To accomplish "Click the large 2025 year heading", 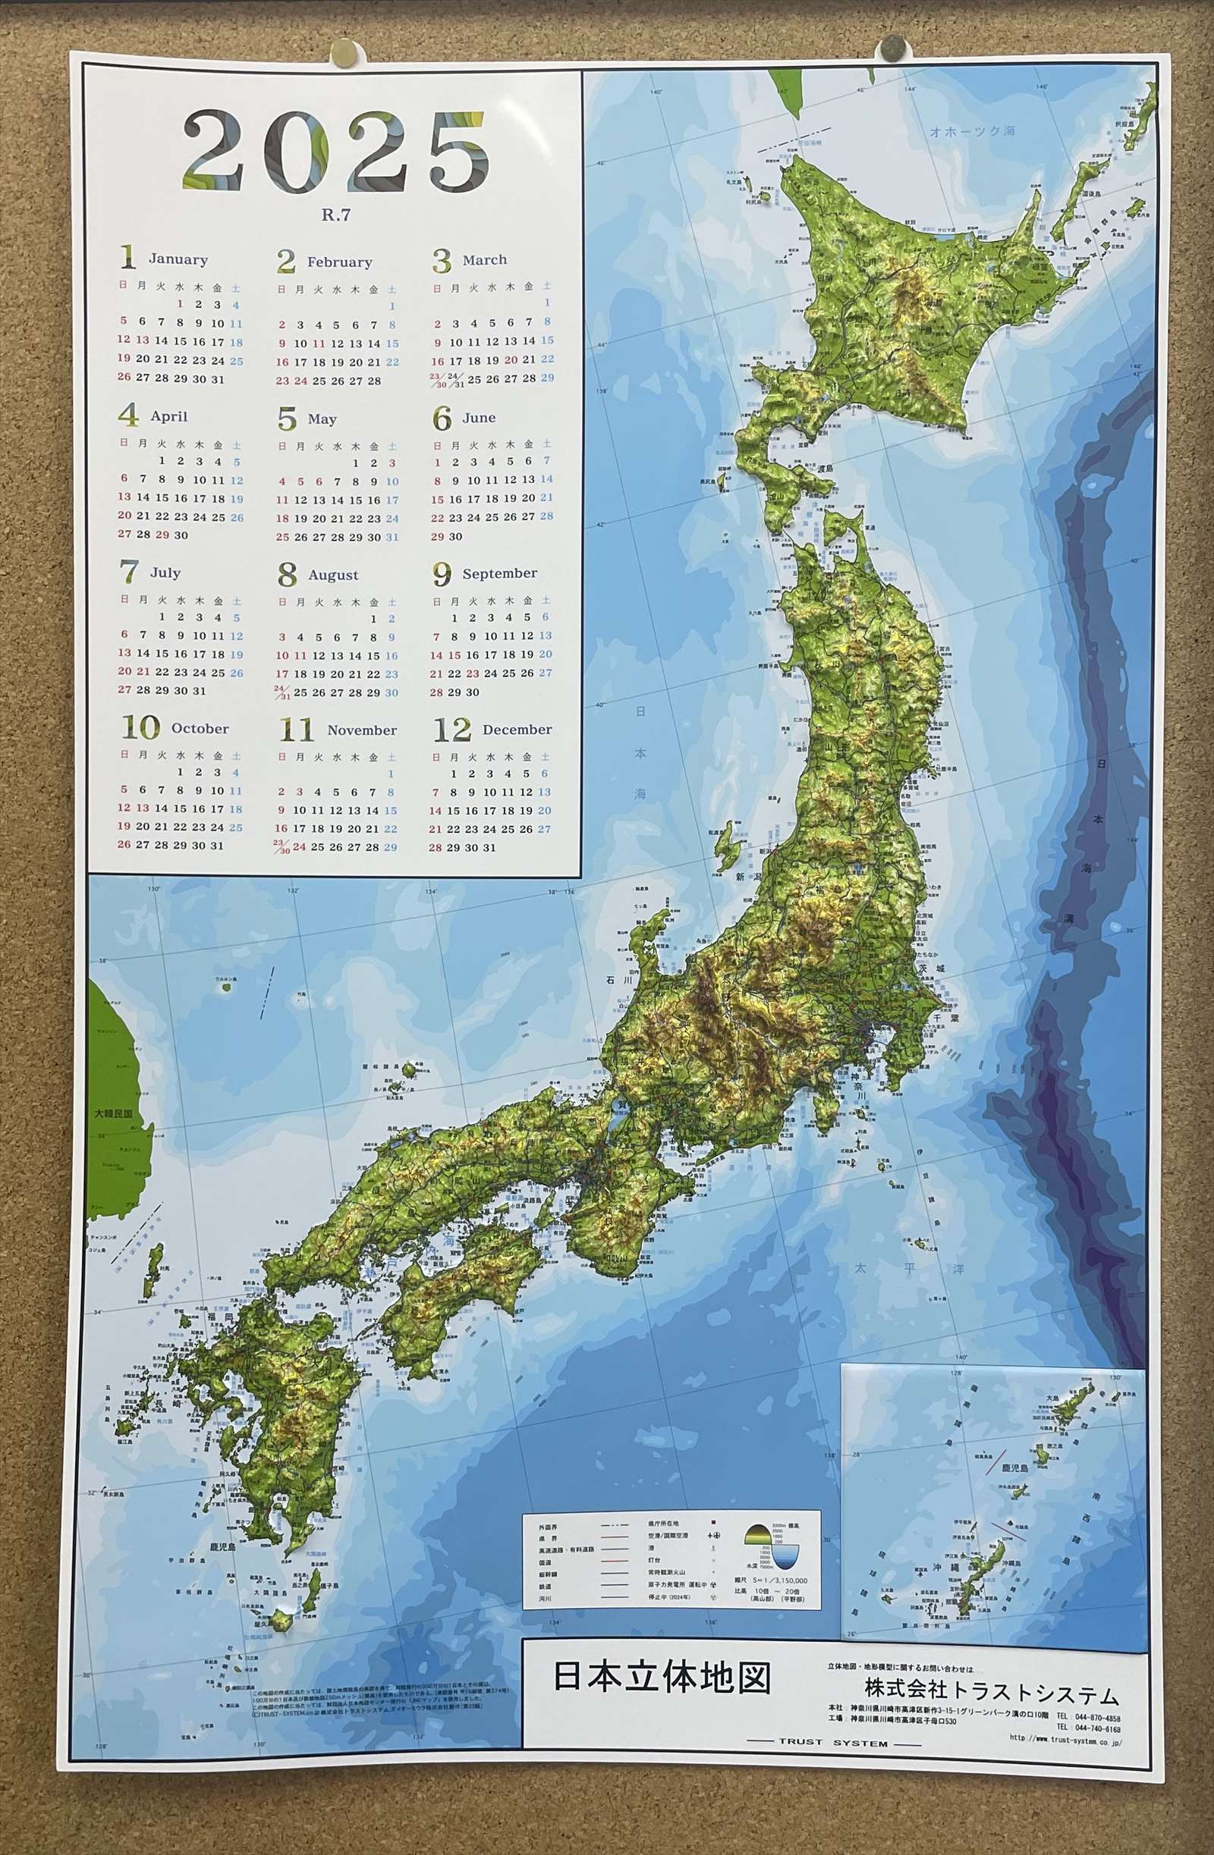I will [336, 152].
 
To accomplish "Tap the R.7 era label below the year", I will [336, 215].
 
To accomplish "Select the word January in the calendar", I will [178, 259].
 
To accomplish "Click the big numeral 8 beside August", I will [287, 575].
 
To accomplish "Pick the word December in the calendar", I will [517, 730].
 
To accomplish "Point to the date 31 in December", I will [489, 848].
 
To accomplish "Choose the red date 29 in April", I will [162, 535].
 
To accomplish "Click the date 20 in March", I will [511, 360].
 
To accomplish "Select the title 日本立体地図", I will [662, 1678].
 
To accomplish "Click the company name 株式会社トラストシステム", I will [992, 1693].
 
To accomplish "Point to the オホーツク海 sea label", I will [972, 132].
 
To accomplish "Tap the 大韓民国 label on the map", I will [113, 1114].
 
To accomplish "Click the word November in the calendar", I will [362, 730].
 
